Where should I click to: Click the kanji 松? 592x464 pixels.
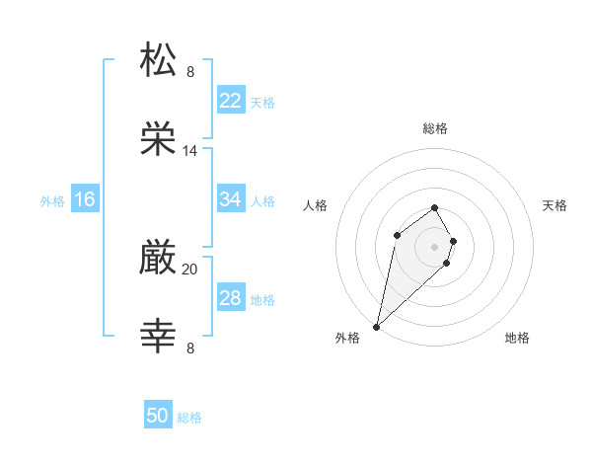pos(159,60)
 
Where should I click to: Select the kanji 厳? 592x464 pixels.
pos(159,258)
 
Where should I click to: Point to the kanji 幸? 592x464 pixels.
pos(159,337)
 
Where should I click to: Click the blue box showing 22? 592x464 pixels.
pos(230,101)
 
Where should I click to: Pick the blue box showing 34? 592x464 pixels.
pos(230,199)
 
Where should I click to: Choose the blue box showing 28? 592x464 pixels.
pos(230,298)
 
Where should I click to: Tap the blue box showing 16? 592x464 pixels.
pos(85,199)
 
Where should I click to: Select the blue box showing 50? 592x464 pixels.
pos(158,417)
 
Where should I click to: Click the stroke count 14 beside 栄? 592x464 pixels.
pos(190,151)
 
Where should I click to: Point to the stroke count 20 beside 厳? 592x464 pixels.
pos(190,270)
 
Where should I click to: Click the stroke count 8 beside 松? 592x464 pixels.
pos(190,72)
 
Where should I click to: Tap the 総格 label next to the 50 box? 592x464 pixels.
pos(189,418)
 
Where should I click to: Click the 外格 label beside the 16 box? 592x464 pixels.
pos(52,200)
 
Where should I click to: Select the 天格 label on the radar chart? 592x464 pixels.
pos(555,205)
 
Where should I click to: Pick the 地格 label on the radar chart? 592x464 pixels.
pos(517,338)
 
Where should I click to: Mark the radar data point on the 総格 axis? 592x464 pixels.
pos(434,207)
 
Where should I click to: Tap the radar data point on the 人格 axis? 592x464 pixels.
pos(397,234)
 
